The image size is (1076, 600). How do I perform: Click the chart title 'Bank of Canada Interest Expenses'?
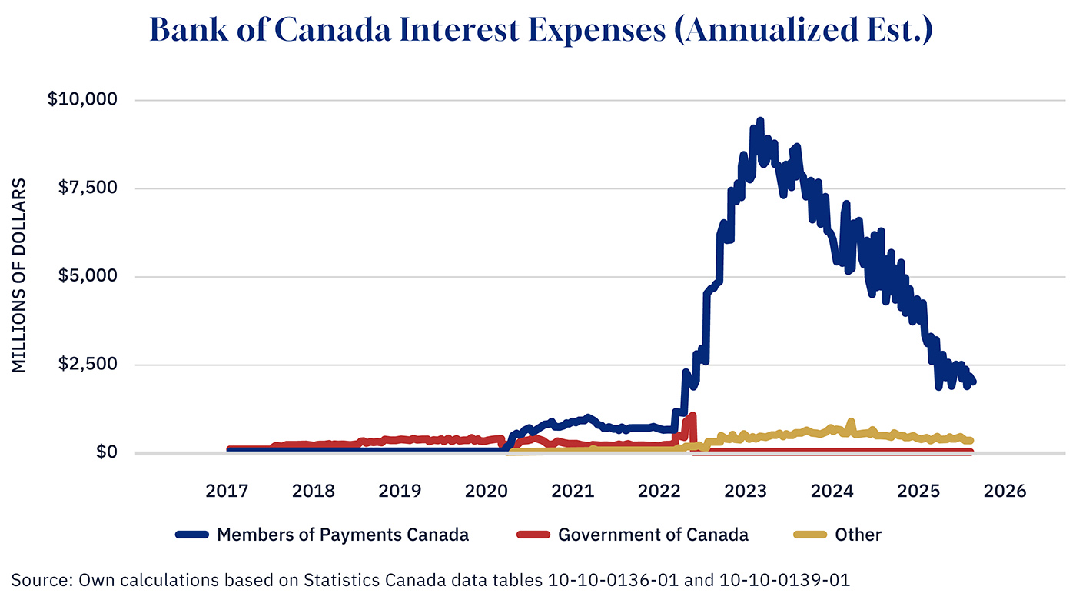point(540,30)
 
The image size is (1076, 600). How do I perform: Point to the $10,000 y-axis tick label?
point(84,100)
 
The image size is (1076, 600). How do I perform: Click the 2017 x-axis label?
point(227,491)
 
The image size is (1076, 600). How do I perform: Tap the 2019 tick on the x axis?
point(400,491)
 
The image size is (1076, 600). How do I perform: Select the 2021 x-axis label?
point(573,491)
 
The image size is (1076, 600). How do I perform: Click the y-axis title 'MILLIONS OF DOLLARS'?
point(20,276)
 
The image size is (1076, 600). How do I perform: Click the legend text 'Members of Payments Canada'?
point(343,535)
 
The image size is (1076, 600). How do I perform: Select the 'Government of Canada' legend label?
point(653,535)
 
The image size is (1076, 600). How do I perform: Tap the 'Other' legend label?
point(858,535)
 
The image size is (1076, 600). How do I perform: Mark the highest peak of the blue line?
point(760,121)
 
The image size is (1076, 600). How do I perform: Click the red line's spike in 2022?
point(692,416)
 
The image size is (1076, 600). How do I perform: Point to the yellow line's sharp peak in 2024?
point(851,422)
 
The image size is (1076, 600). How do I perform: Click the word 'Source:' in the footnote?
point(39,578)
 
